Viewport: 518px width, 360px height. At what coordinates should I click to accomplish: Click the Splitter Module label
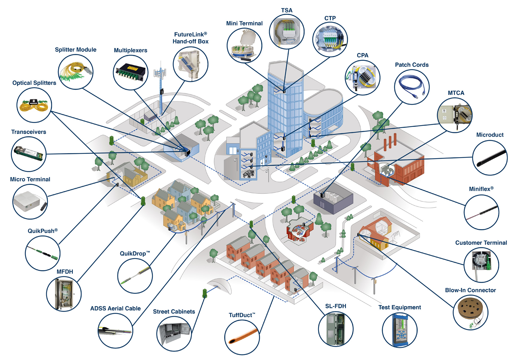(x=76, y=50)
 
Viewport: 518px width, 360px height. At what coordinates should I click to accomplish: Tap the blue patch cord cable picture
(x=412, y=87)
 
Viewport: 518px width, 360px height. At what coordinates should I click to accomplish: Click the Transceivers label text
(x=28, y=132)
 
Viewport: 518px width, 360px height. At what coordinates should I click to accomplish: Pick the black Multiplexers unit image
(x=130, y=72)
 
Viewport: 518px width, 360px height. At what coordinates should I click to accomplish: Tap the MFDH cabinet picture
(x=64, y=294)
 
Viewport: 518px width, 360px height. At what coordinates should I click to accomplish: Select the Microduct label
(x=490, y=135)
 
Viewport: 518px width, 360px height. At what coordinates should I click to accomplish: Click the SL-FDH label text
(x=335, y=306)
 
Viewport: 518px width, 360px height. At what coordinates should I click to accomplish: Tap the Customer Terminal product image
(x=481, y=264)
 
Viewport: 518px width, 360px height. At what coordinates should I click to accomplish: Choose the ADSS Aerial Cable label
(x=115, y=308)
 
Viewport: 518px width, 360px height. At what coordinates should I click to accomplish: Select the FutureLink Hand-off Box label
(x=190, y=38)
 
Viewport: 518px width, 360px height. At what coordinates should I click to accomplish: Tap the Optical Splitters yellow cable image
(x=34, y=105)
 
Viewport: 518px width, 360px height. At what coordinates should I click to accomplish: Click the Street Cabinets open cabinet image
(x=174, y=333)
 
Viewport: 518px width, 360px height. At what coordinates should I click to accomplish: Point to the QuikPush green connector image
(x=43, y=253)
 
